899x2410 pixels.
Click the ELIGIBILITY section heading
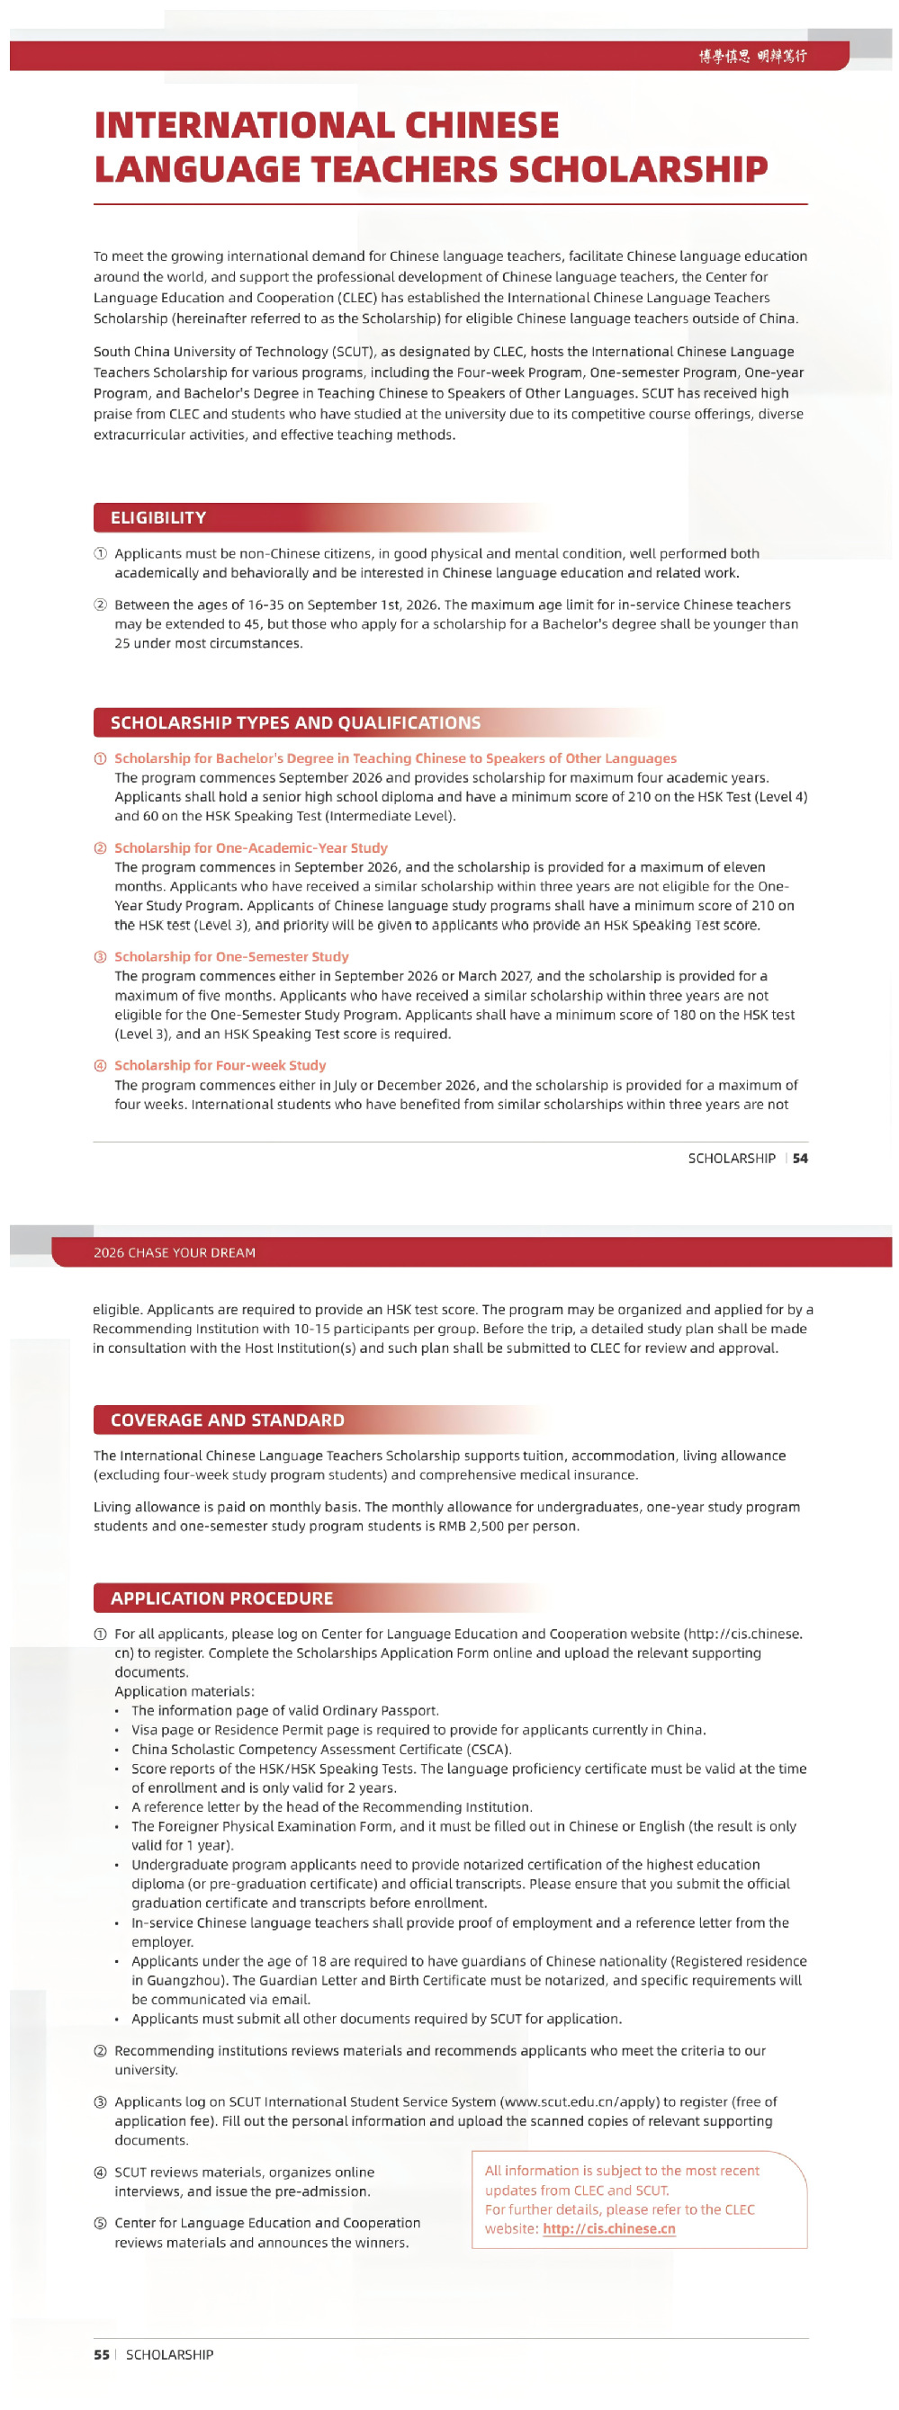click(x=158, y=517)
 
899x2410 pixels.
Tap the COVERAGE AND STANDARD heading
click(x=228, y=1420)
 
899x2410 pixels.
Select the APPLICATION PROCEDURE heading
click(x=221, y=1598)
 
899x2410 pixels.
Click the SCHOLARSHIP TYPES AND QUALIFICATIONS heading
click(x=295, y=722)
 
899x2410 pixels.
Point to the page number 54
click(x=800, y=1159)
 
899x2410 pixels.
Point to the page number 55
click(x=101, y=2354)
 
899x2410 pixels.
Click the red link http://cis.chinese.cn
click(x=609, y=2228)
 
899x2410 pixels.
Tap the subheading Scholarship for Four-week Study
click(x=220, y=1065)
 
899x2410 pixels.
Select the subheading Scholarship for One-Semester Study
click(x=231, y=956)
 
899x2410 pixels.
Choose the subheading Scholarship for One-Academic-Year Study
click(x=251, y=847)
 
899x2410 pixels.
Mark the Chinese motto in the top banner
click(x=752, y=56)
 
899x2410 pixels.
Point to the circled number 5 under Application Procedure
click(x=100, y=2223)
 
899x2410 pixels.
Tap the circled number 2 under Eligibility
click(x=100, y=605)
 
